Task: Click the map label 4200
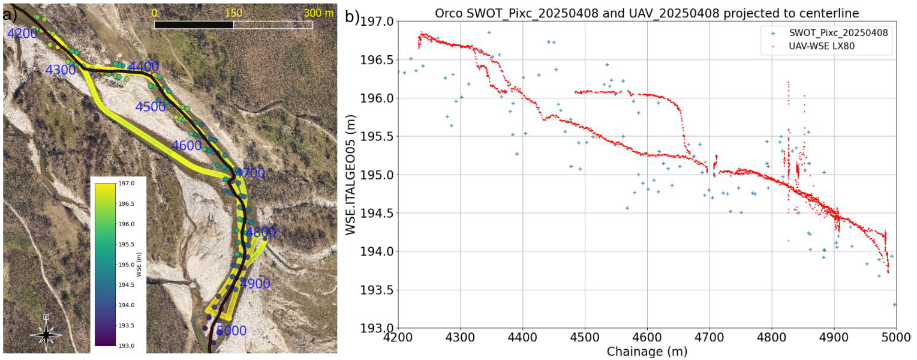23,33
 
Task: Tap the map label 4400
144,66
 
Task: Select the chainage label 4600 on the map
187,145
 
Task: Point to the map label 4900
255,283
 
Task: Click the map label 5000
231,330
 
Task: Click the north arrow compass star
46,334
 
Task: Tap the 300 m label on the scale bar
318,13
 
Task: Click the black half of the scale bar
194,25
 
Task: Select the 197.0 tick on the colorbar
127,184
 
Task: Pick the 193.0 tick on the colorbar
127,346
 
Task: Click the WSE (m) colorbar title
139,265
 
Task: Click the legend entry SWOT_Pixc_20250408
838,33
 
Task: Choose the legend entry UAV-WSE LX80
822,46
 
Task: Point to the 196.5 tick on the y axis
377,60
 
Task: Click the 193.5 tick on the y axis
377,290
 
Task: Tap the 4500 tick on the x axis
585,338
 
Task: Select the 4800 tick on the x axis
772,338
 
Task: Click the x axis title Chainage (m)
647,352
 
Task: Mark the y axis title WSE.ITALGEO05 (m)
350,175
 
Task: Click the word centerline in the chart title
825,13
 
